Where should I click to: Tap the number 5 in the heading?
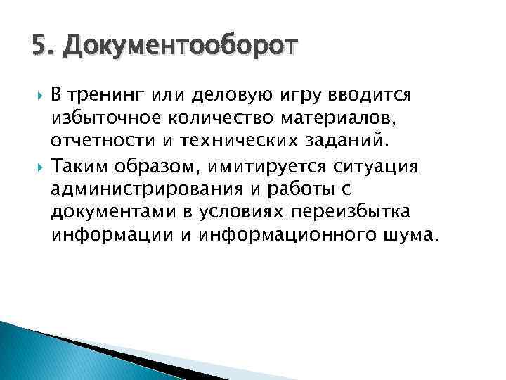39,47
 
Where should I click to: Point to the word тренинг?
105,94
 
